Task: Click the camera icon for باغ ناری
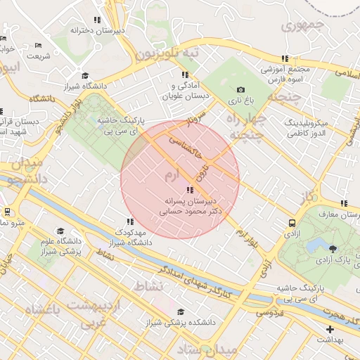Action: (241, 89)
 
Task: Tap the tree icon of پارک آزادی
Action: (332, 247)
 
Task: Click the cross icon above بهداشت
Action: (330, 329)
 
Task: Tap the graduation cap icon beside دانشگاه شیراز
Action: (85, 76)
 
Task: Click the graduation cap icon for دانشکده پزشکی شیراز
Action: (181, 311)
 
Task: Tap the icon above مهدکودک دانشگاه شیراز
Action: (127, 221)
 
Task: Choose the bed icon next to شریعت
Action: (38, 46)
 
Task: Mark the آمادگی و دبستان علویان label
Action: (184, 89)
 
